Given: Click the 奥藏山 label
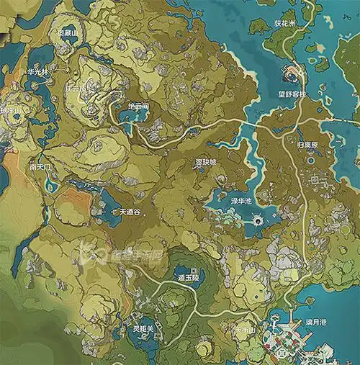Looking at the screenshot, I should (x=69, y=32).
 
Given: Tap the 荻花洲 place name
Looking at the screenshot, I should (x=279, y=22).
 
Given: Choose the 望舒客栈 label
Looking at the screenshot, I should (x=292, y=94).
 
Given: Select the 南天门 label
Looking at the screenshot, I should (x=40, y=166).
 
